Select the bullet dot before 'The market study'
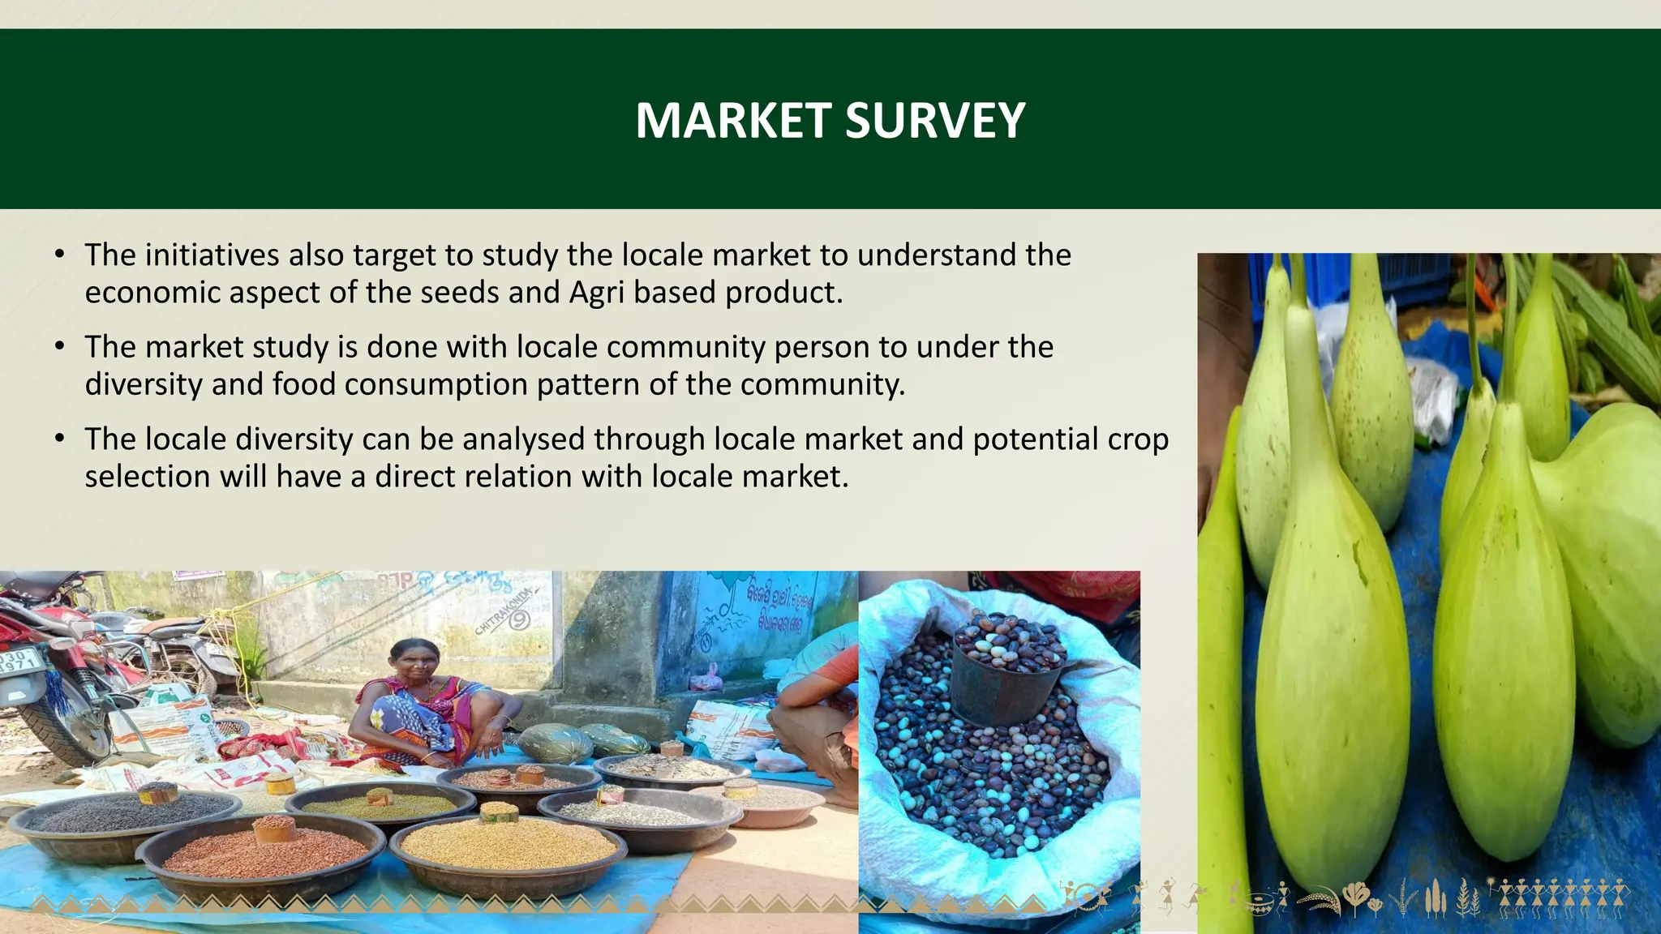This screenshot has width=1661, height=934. click(60, 347)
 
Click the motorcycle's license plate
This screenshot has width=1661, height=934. click(18, 661)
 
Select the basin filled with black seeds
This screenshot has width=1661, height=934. click(126, 815)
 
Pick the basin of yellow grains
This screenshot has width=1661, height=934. click(509, 847)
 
